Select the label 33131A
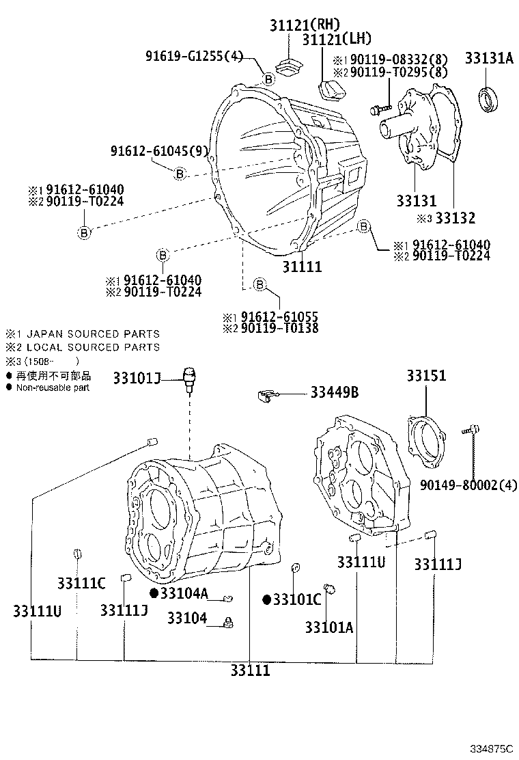click(489, 58)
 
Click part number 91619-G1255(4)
click(194, 56)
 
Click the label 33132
click(455, 219)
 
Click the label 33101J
click(137, 377)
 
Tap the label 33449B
click(335, 392)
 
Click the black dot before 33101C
click(267, 600)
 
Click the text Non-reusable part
click(53, 388)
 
